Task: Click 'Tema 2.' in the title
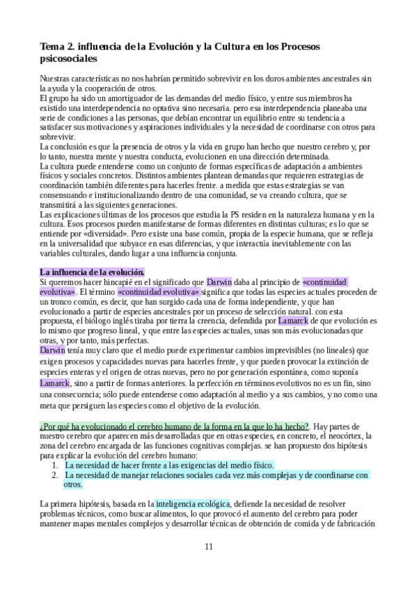58,47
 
